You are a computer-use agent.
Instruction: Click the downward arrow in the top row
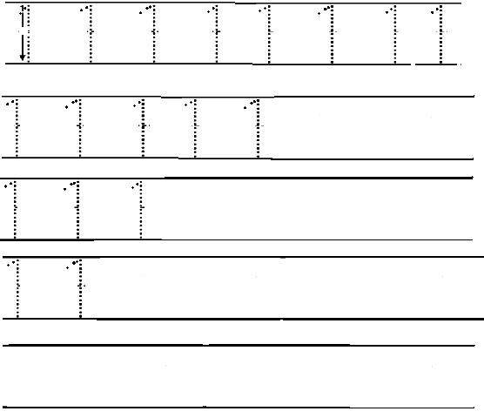[23, 34]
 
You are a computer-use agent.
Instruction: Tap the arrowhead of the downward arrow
[23, 57]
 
